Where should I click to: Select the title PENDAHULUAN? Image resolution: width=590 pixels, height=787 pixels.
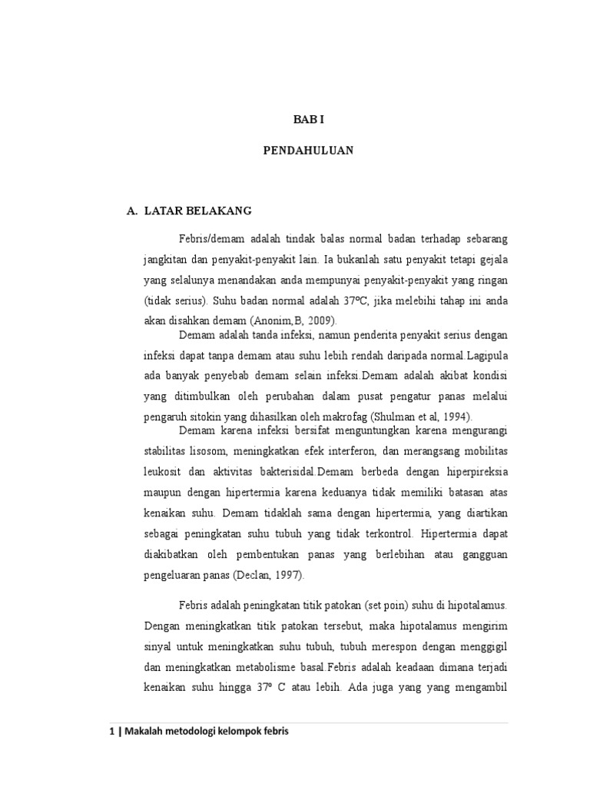point(308,151)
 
